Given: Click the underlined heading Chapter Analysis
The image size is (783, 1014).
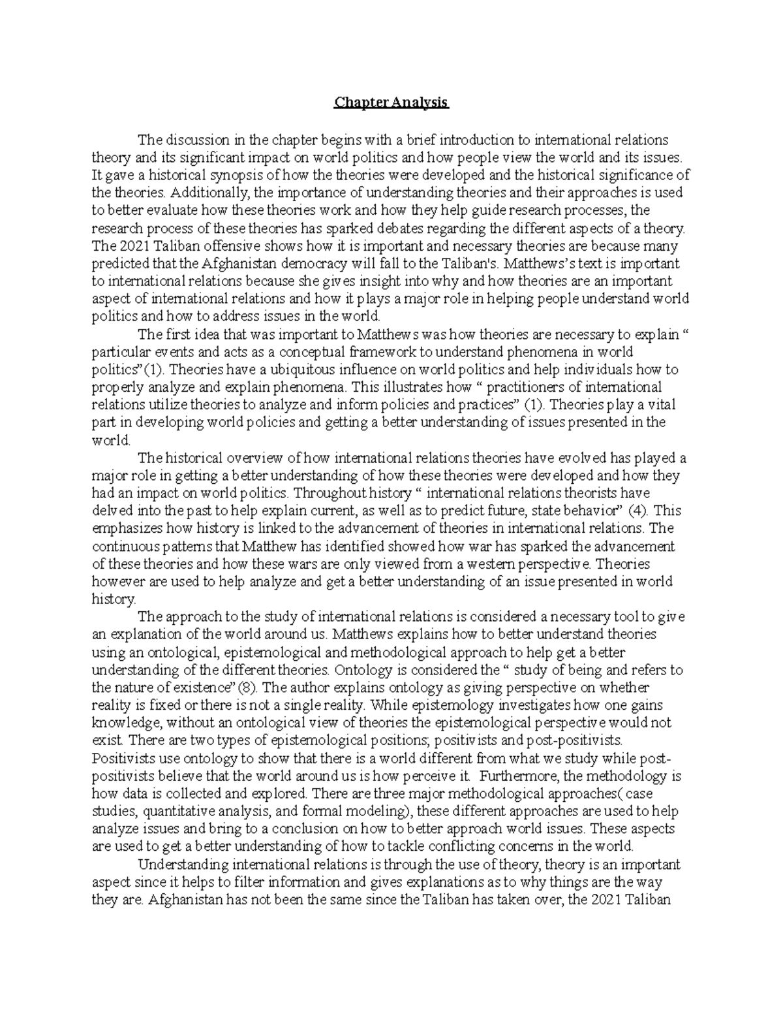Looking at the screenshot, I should pyautogui.click(x=391, y=103).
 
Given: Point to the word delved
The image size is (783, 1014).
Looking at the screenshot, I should pyautogui.click(x=110, y=511).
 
